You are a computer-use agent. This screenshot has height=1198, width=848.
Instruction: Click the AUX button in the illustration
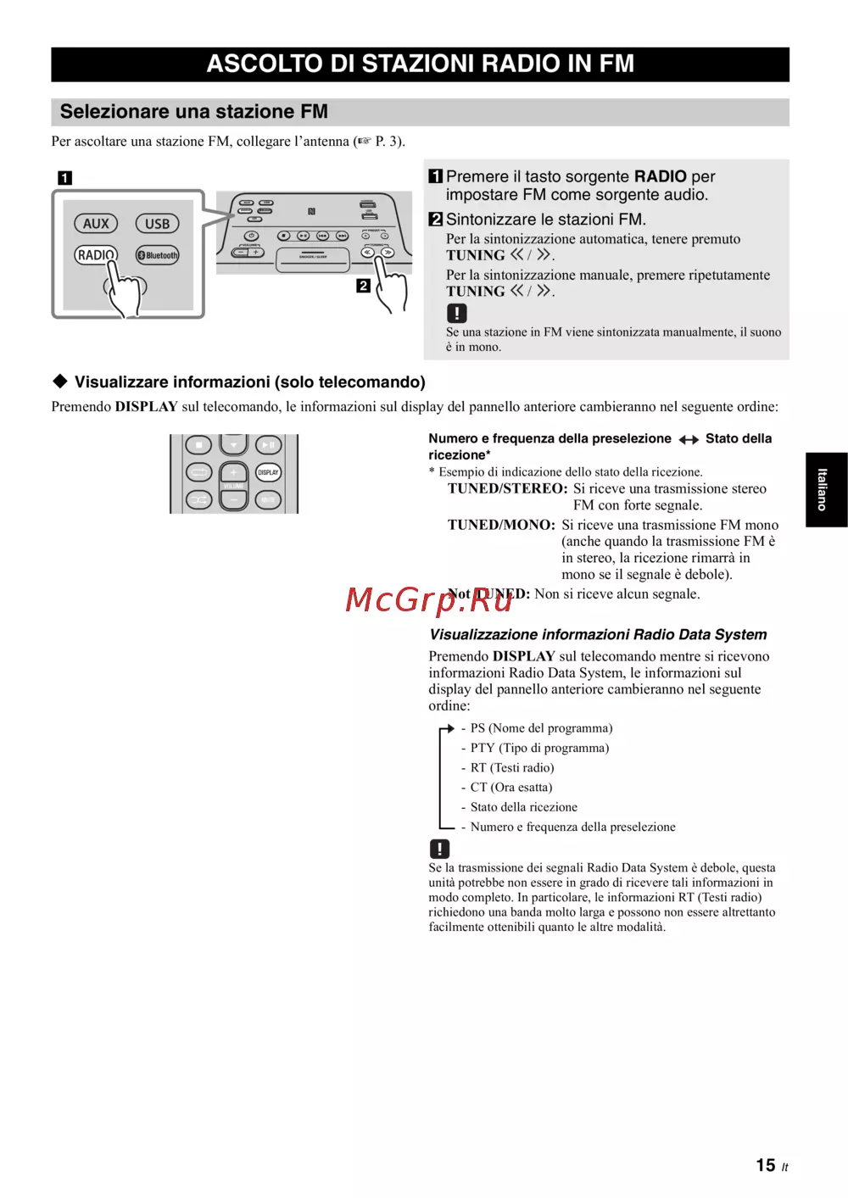coord(96,224)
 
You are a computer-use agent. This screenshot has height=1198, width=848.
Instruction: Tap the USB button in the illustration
coord(157,224)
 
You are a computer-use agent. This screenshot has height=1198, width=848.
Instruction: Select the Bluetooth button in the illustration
coord(159,255)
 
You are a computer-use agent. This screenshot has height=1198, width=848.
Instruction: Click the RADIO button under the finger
coord(96,254)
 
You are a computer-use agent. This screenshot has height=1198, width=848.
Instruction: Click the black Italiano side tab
coord(825,489)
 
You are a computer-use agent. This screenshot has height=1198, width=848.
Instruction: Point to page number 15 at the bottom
coord(766,1166)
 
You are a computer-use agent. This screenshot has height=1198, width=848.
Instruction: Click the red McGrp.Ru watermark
coord(429,599)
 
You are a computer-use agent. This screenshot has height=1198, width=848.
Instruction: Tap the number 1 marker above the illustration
coord(64,178)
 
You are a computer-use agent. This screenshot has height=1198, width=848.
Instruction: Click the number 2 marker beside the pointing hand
coord(363,286)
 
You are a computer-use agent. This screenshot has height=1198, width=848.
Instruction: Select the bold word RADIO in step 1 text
coord(660,176)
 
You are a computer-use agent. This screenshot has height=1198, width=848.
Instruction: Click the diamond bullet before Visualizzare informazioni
coord(60,382)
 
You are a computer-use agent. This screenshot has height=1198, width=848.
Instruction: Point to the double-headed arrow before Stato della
coord(689,439)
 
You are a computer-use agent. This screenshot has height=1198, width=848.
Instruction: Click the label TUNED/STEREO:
coord(507,488)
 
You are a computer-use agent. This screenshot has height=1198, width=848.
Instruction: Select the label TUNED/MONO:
coord(501,525)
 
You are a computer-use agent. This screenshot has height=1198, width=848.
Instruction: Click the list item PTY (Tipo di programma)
coord(539,748)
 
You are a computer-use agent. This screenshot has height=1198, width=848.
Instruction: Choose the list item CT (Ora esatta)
coord(511,788)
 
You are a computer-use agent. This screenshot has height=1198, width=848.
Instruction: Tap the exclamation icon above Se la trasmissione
coord(439,849)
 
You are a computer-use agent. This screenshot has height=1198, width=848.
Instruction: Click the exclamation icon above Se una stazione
coord(457,313)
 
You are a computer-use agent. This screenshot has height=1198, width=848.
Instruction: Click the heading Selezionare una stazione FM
coord(194,112)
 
